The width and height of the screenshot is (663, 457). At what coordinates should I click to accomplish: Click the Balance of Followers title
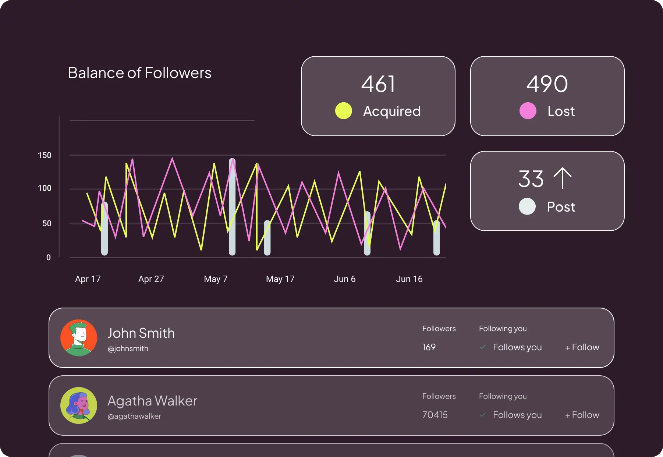coord(139,73)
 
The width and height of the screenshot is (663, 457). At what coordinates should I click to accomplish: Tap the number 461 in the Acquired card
coord(378,84)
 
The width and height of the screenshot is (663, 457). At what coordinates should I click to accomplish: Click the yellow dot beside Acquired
coord(344,111)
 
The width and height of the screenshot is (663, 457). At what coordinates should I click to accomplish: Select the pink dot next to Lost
coord(528,111)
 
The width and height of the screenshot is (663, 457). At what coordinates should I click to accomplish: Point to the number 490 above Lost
coord(547,84)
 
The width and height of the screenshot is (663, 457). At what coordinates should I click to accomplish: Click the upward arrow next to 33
coord(563,178)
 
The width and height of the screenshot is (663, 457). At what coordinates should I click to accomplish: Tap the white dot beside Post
coord(527,206)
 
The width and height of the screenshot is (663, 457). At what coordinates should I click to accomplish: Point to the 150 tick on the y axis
coord(45,155)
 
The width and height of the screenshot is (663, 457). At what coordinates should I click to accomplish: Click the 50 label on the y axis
coord(47,223)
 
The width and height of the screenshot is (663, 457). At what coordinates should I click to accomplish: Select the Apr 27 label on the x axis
coord(151,279)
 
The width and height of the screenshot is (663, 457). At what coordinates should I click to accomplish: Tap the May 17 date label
coord(280,279)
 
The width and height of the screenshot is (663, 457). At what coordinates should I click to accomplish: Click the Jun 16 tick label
coord(409,279)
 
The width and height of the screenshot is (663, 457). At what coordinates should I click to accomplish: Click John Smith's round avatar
coord(79,338)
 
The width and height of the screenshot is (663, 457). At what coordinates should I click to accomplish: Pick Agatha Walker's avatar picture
coord(79,405)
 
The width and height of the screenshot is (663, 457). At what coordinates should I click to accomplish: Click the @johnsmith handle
coord(128,348)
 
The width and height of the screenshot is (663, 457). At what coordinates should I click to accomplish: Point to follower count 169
coord(429,347)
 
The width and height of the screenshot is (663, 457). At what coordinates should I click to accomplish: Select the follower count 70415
coord(435,415)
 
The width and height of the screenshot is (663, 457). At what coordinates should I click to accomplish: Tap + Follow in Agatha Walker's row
coord(582,415)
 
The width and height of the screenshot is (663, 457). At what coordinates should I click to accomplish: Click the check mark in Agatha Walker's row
coord(483,415)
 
